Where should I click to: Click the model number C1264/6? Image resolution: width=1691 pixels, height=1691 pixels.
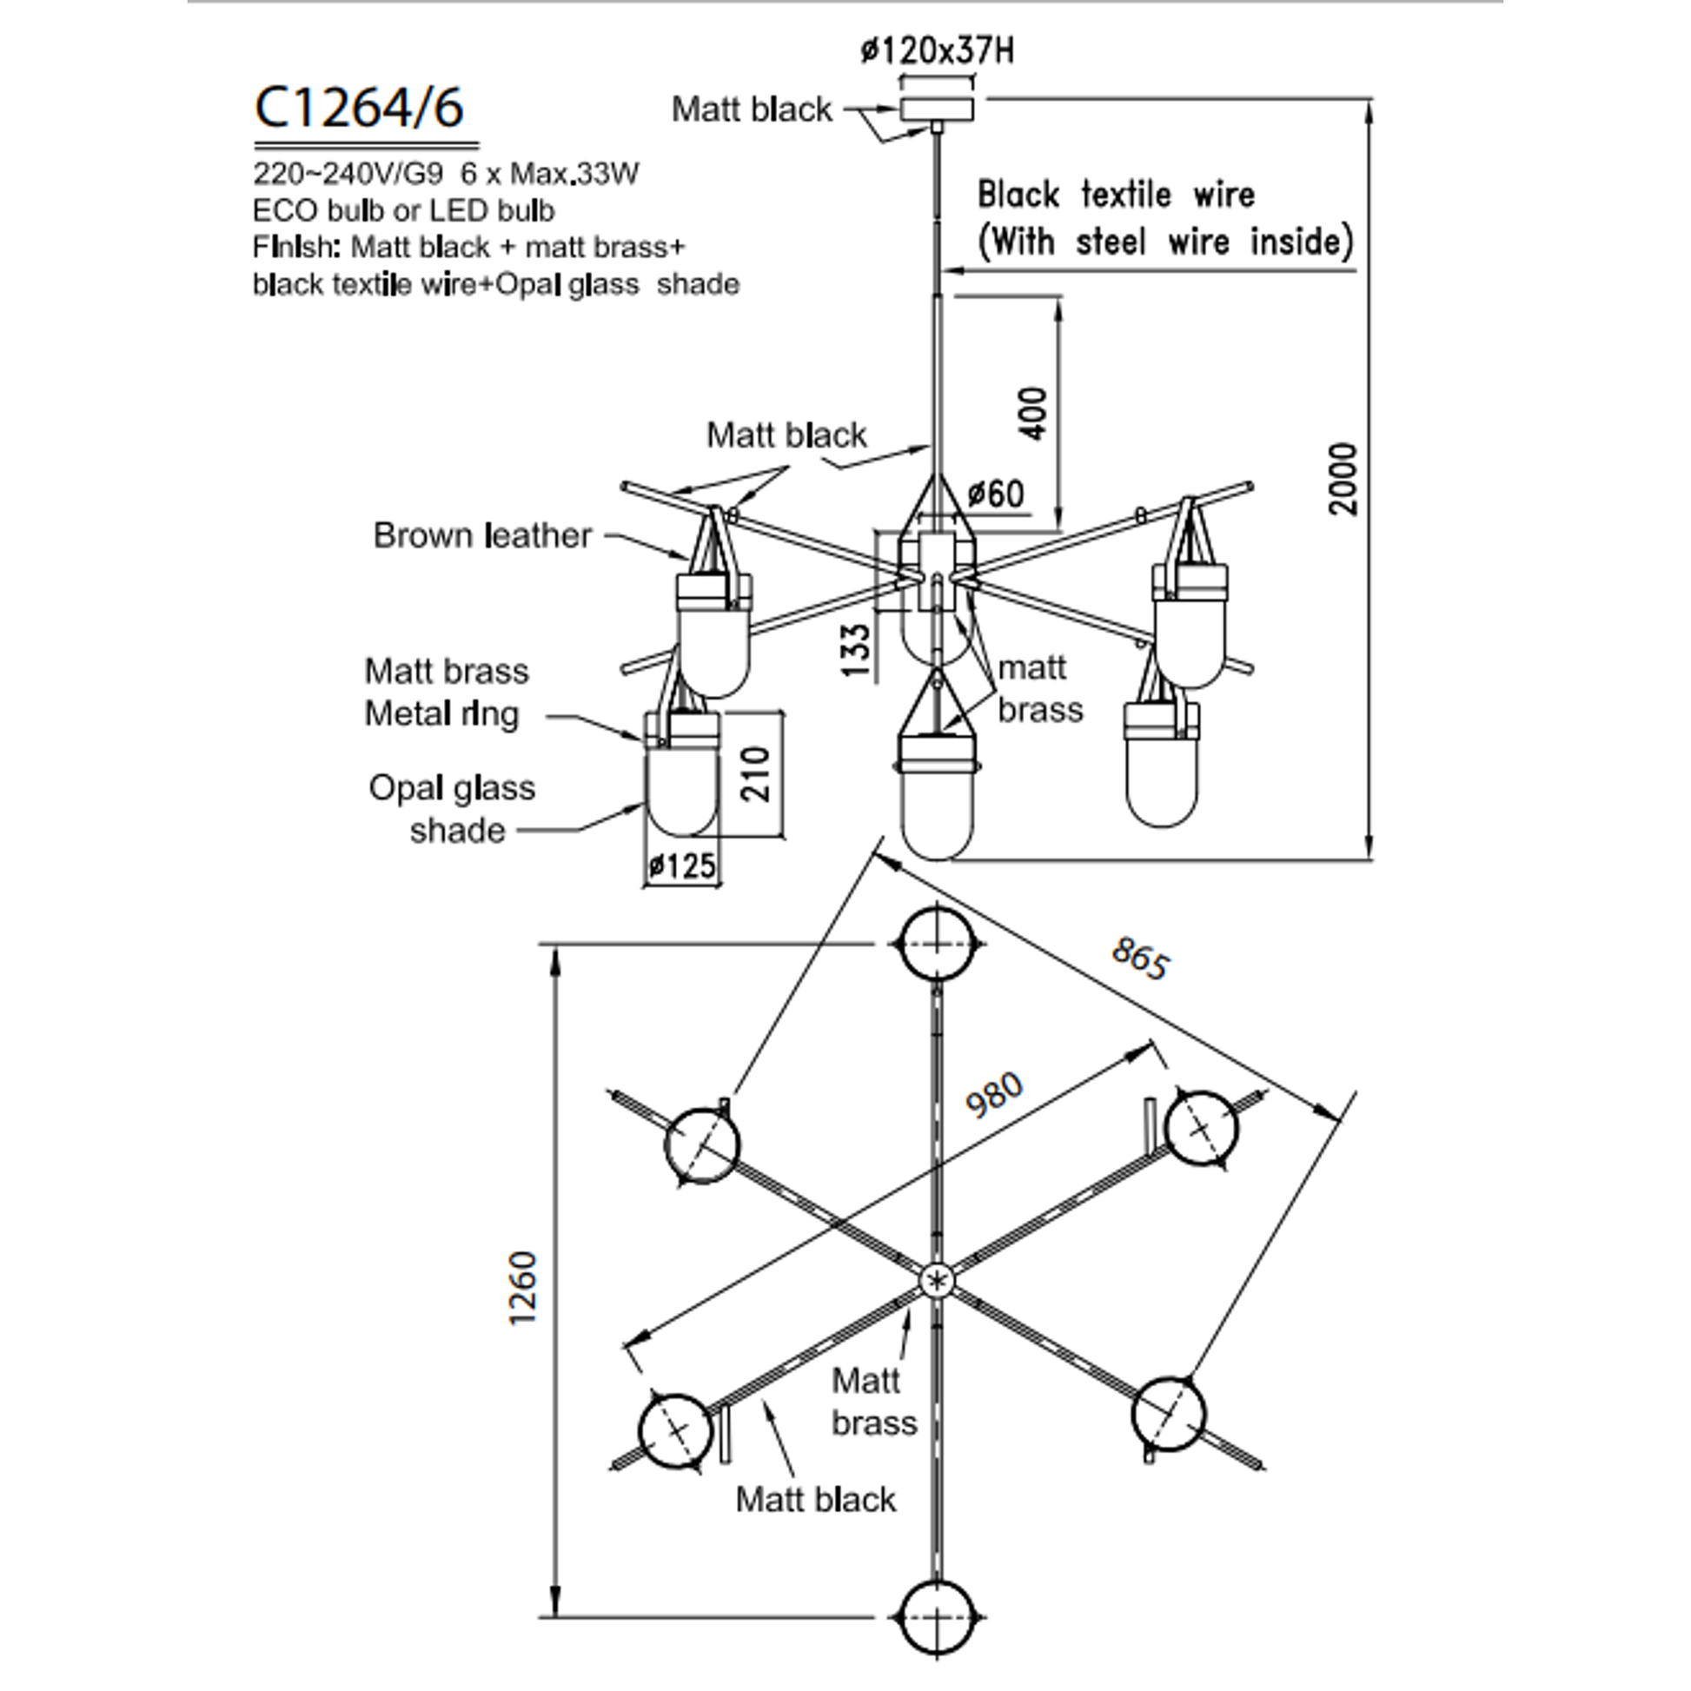coord(359,108)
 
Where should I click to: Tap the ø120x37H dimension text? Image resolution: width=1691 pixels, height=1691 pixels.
coord(938,50)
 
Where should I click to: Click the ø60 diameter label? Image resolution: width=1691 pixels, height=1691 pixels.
coord(996,494)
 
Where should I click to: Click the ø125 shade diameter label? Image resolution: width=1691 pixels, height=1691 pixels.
coord(682,866)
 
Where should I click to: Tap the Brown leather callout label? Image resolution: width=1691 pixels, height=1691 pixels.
coord(482,534)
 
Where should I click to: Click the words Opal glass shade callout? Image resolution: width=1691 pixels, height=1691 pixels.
coord(452,809)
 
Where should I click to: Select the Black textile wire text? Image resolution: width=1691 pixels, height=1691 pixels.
coord(1116,195)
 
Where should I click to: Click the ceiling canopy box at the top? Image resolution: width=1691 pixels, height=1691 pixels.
coord(938,109)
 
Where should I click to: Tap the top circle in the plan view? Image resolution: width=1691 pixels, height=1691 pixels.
coord(938,944)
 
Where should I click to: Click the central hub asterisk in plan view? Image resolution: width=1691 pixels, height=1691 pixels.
coord(938,1283)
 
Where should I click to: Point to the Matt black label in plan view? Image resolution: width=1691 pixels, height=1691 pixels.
coord(816,1499)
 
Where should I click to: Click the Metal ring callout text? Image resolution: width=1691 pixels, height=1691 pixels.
coord(441,714)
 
